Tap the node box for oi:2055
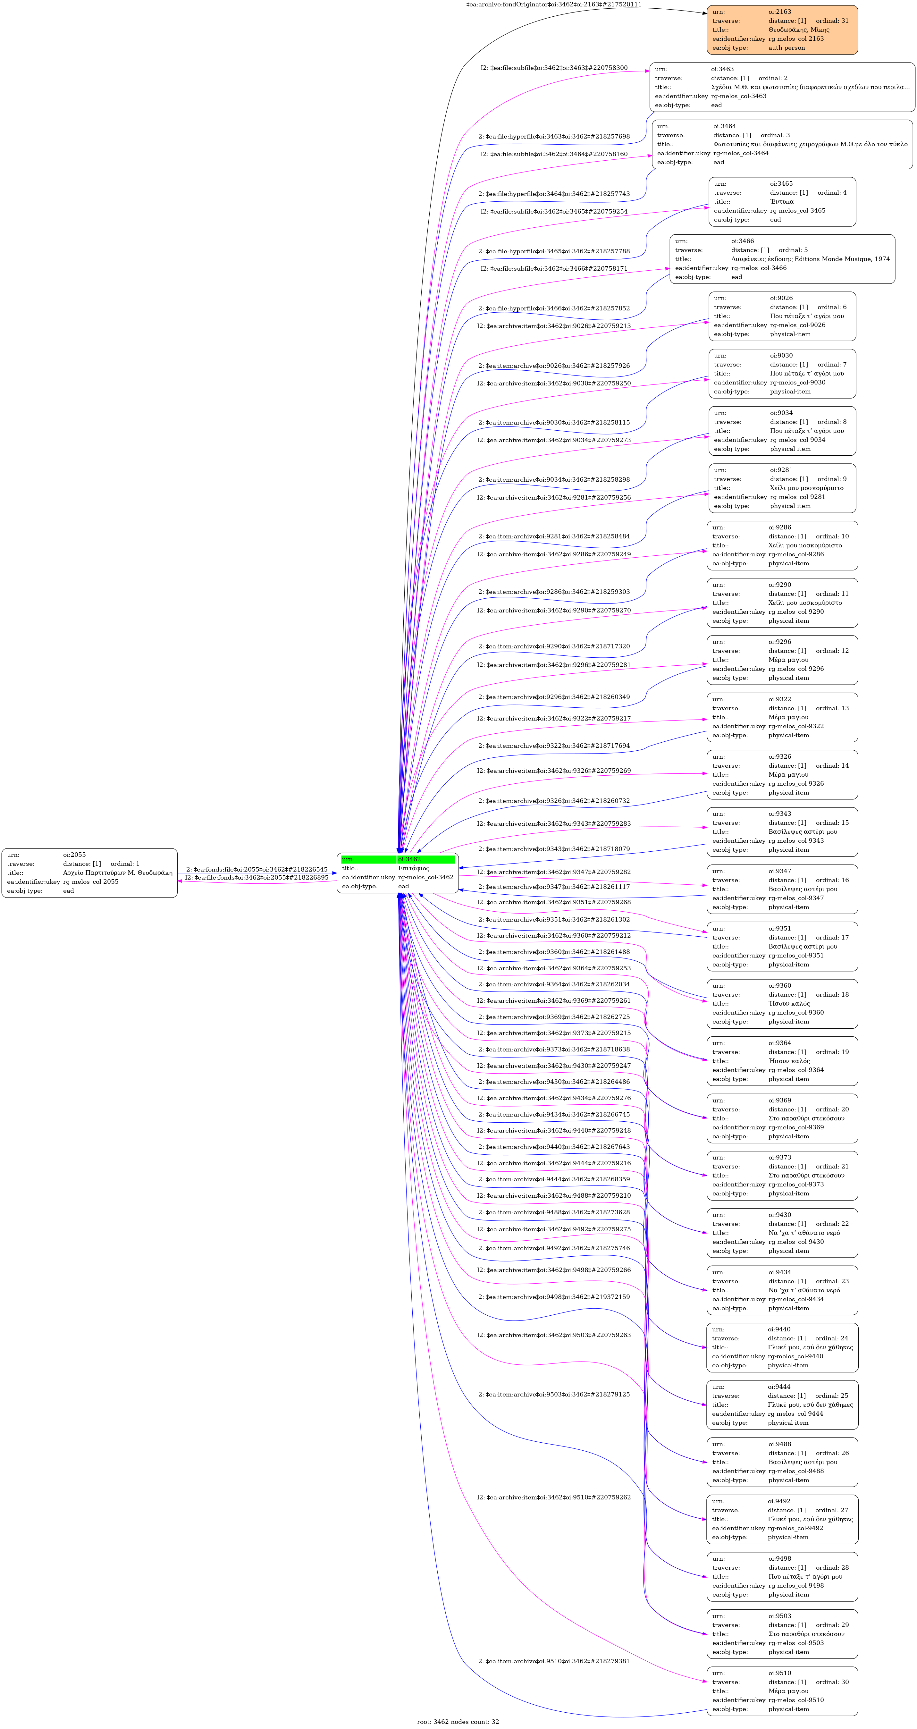coord(89,873)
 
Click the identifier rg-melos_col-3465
coord(797,211)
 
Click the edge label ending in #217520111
coord(554,5)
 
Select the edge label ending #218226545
coord(257,869)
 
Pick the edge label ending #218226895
coord(257,877)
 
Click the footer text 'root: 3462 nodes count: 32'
coord(458,1722)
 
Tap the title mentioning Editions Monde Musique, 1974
coord(810,259)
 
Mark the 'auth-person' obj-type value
coord(787,48)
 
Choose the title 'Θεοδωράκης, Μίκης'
coord(799,30)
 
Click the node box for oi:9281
coord(782,488)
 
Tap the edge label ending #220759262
coord(554,1497)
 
